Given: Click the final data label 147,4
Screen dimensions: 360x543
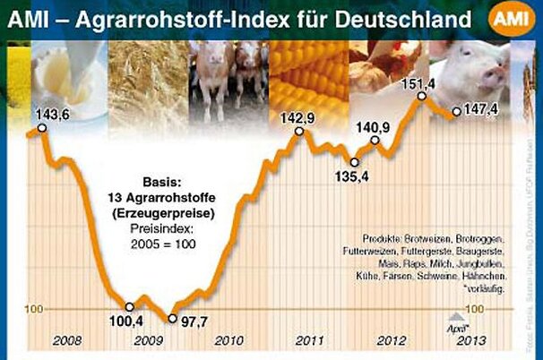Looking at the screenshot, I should (487, 111).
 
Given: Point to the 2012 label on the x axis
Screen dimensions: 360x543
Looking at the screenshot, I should (389, 339).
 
